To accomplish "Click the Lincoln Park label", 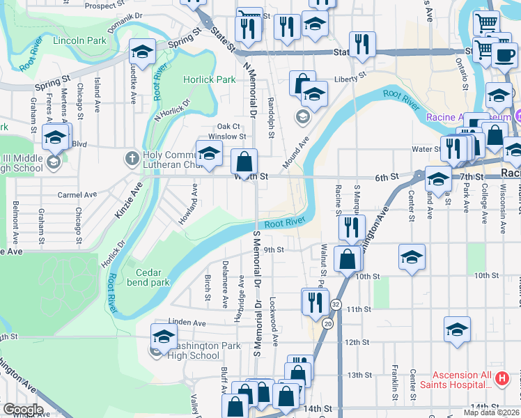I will tap(79, 41).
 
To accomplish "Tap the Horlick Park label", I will tap(210, 79).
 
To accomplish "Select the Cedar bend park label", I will tap(148, 278).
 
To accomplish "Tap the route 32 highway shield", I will tap(336, 304).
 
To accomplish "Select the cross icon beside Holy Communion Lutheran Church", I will tap(132, 157).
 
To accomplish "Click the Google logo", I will tap(23, 410).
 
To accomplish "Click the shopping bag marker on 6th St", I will tap(244, 162).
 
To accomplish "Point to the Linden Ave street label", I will tap(187, 323).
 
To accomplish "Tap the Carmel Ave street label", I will tap(75, 195).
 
